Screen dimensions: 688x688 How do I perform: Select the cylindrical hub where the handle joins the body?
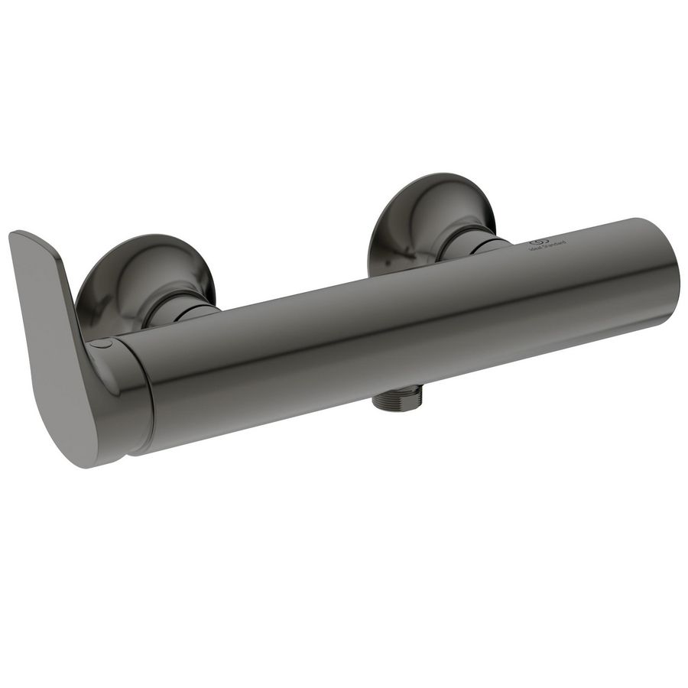pos(126,398)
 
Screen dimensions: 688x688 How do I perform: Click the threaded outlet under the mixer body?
pos(397,402)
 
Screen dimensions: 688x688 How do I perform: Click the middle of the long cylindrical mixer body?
pos(398,329)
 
